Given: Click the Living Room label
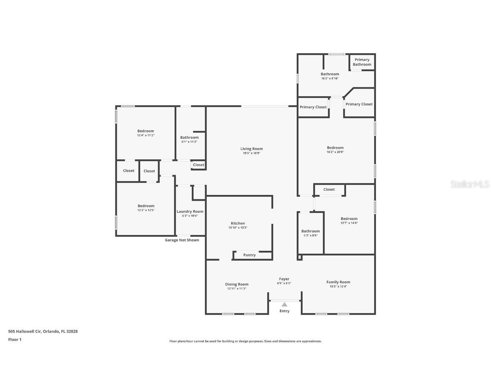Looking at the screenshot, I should [x=251, y=149].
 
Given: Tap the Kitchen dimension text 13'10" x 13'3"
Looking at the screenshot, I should [x=238, y=228].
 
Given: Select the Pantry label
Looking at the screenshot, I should [x=249, y=255].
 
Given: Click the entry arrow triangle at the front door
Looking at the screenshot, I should [x=284, y=304].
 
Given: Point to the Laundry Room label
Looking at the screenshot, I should [x=190, y=211].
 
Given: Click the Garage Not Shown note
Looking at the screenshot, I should [x=182, y=240].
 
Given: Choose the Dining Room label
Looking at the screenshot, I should [x=237, y=284].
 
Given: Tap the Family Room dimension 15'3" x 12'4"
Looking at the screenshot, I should [x=338, y=287].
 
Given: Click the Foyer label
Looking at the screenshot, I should [x=284, y=279].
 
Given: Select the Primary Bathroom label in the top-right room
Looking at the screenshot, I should [x=362, y=62].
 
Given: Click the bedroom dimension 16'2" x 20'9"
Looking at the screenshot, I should [x=335, y=152].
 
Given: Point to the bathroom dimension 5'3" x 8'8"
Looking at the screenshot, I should [x=310, y=236].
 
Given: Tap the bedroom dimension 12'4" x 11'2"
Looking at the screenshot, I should [x=146, y=135].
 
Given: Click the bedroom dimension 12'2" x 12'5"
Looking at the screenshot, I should [x=146, y=210].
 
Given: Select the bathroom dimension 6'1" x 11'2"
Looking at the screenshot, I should [x=189, y=142].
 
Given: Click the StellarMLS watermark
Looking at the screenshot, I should [x=469, y=184].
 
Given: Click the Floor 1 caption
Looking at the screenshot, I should [x=14, y=339].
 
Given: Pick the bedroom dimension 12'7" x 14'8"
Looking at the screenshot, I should [x=349, y=223].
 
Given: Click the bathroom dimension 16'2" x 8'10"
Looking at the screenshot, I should [x=330, y=78].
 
